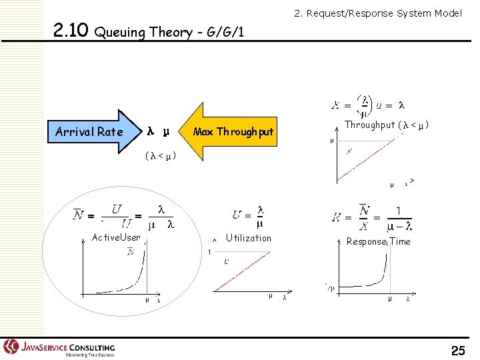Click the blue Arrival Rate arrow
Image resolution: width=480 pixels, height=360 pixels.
pos(90,132)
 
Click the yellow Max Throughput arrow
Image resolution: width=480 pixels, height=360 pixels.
pos(230,132)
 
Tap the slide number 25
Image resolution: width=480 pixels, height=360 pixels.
pos(458,349)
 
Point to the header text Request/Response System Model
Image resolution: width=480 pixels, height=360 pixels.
pos(378,13)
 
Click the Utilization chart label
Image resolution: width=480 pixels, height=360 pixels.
pos(248,238)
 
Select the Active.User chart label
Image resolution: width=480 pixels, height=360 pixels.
pos(115,237)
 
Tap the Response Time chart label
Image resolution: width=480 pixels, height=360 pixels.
pos(378,241)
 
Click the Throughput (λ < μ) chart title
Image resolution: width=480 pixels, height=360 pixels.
pos(386,125)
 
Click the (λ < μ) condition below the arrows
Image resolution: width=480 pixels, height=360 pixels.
pos(160,156)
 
